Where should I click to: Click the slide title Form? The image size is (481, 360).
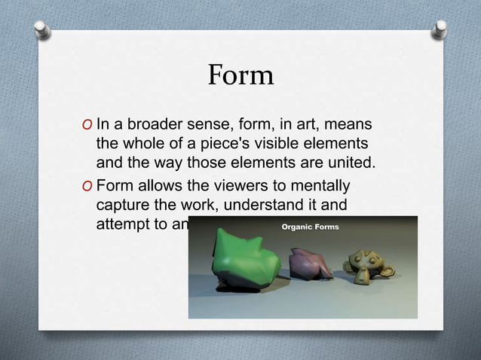240,75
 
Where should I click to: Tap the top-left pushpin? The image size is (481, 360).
43,29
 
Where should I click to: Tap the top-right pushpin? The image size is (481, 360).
439,29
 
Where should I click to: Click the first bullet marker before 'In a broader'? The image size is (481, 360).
87,124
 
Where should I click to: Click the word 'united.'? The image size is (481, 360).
350,163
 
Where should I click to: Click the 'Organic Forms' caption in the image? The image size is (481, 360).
311,226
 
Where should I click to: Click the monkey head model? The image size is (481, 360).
365,261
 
